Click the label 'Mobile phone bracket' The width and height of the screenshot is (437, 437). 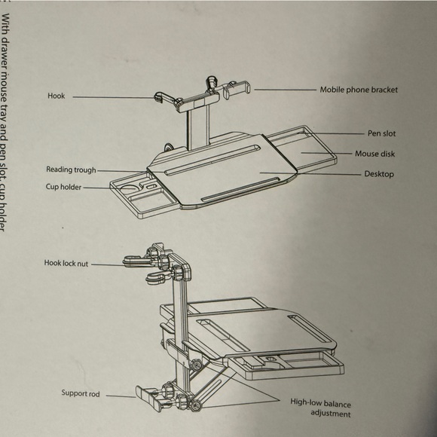pos(359,90)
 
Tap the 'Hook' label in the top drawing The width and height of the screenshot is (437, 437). pos(57,96)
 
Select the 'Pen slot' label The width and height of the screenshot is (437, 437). pos(382,133)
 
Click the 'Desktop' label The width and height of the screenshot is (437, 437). pos(379,174)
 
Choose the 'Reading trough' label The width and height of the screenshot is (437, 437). pos(71,170)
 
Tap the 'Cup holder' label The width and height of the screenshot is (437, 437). pos(63,187)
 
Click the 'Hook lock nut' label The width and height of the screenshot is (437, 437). pos(66,264)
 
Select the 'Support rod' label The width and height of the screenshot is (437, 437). pos(81,393)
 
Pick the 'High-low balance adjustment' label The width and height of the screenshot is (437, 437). pos(320,407)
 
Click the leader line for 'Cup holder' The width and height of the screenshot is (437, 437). pos(96,187)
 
